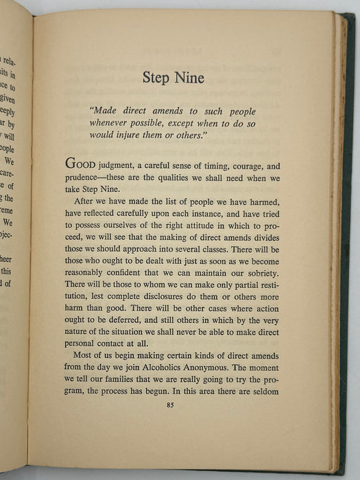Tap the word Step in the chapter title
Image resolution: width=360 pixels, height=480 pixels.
pos(156,78)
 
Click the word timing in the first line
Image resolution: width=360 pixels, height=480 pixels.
pos(216,165)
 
